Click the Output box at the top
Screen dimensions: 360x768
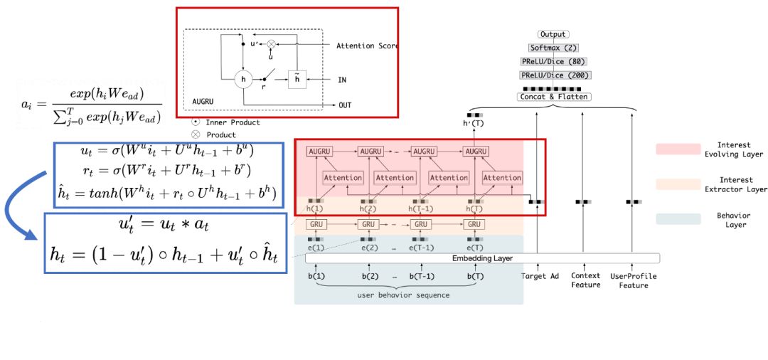click(553, 34)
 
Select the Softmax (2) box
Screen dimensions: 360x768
click(553, 48)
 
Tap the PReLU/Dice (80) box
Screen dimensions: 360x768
click(555, 61)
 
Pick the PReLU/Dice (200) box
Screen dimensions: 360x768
click(555, 75)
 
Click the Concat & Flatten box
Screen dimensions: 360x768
click(555, 96)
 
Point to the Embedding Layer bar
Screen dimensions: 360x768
click(483, 258)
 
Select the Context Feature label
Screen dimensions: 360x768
click(585, 280)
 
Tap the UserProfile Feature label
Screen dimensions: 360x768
click(633, 280)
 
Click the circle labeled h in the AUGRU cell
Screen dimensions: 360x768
click(244, 79)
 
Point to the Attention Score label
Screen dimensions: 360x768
click(366, 46)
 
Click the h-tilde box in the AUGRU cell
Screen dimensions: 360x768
click(297, 79)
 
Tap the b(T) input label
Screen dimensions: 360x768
click(474, 276)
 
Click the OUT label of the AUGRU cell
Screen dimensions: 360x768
click(345, 105)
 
